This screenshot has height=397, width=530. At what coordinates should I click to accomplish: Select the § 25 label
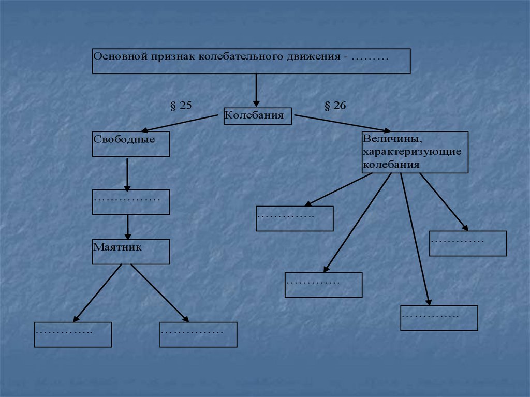tap(181, 106)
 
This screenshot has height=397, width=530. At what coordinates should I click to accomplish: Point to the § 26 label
tap(335, 106)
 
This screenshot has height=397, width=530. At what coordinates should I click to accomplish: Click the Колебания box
tap(258, 116)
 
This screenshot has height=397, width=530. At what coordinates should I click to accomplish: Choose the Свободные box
tap(131, 144)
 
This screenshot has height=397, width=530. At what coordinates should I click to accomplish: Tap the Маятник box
tap(131, 252)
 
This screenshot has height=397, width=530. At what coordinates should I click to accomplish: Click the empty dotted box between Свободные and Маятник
tap(131, 202)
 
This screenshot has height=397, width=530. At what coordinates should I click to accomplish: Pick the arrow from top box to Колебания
tap(256, 90)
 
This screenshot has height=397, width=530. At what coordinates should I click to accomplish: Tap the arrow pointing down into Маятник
tap(128, 227)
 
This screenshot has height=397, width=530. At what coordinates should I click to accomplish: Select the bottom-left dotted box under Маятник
tap(73, 334)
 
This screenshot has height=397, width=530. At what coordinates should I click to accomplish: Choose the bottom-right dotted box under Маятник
tap(198, 334)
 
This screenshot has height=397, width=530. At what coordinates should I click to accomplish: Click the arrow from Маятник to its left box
tap(98, 292)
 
